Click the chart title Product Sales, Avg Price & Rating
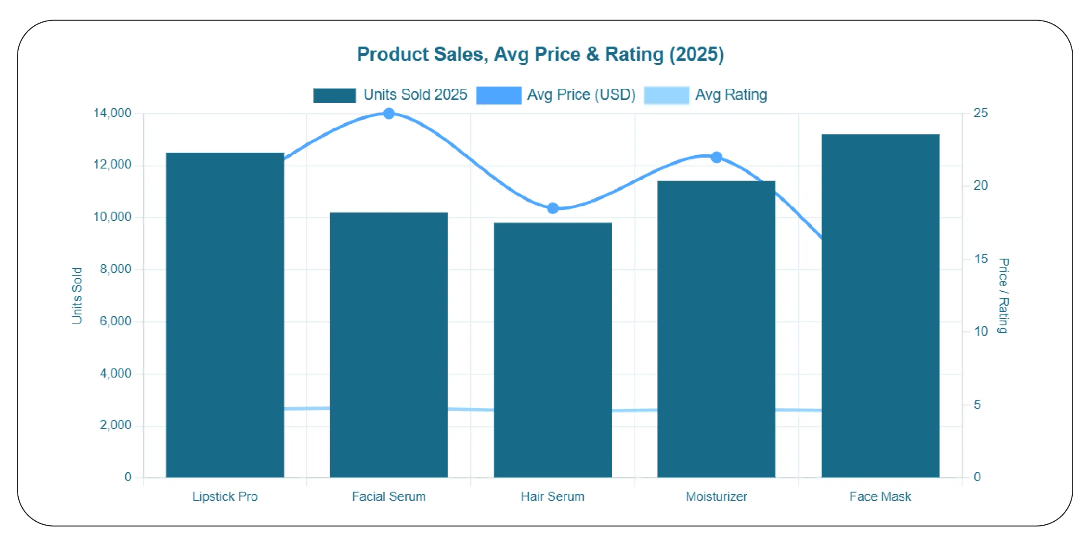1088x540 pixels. click(x=540, y=54)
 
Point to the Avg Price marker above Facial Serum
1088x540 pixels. click(x=389, y=114)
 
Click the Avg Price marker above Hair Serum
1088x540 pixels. click(x=552, y=209)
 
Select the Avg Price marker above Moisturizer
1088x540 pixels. click(x=716, y=157)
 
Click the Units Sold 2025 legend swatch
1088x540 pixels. click(x=335, y=95)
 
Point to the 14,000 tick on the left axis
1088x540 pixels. click(x=112, y=113)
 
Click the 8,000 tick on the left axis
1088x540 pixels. click(x=115, y=269)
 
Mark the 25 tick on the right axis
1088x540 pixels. click(x=981, y=113)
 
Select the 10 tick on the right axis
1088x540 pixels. click(x=981, y=331)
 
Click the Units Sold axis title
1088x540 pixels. click(x=77, y=296)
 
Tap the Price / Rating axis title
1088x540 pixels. click(x=1003, y=296)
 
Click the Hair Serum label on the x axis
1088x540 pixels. click(x=552, y=496)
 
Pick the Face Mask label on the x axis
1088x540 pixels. click(x=880, y=496)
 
